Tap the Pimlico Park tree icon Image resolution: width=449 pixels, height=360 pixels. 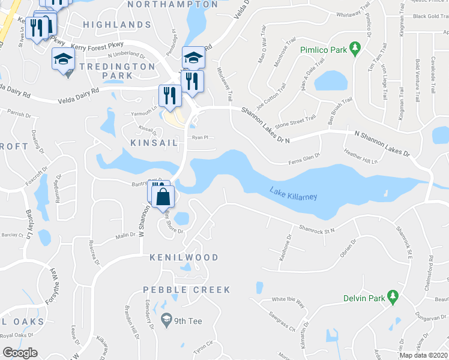(355, 47)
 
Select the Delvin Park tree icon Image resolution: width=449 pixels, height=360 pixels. (393, 296)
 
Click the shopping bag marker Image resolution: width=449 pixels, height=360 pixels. (163, 196)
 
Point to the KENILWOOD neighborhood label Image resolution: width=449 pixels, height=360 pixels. (184, 257)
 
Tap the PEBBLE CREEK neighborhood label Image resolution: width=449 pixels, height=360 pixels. (187, 290)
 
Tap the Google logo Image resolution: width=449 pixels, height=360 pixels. (20, 353)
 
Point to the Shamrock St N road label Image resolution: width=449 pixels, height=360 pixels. (316, 228)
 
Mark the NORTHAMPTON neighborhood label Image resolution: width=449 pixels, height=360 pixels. (173, 5)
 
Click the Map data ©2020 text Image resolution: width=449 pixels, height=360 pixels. (423, 355)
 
